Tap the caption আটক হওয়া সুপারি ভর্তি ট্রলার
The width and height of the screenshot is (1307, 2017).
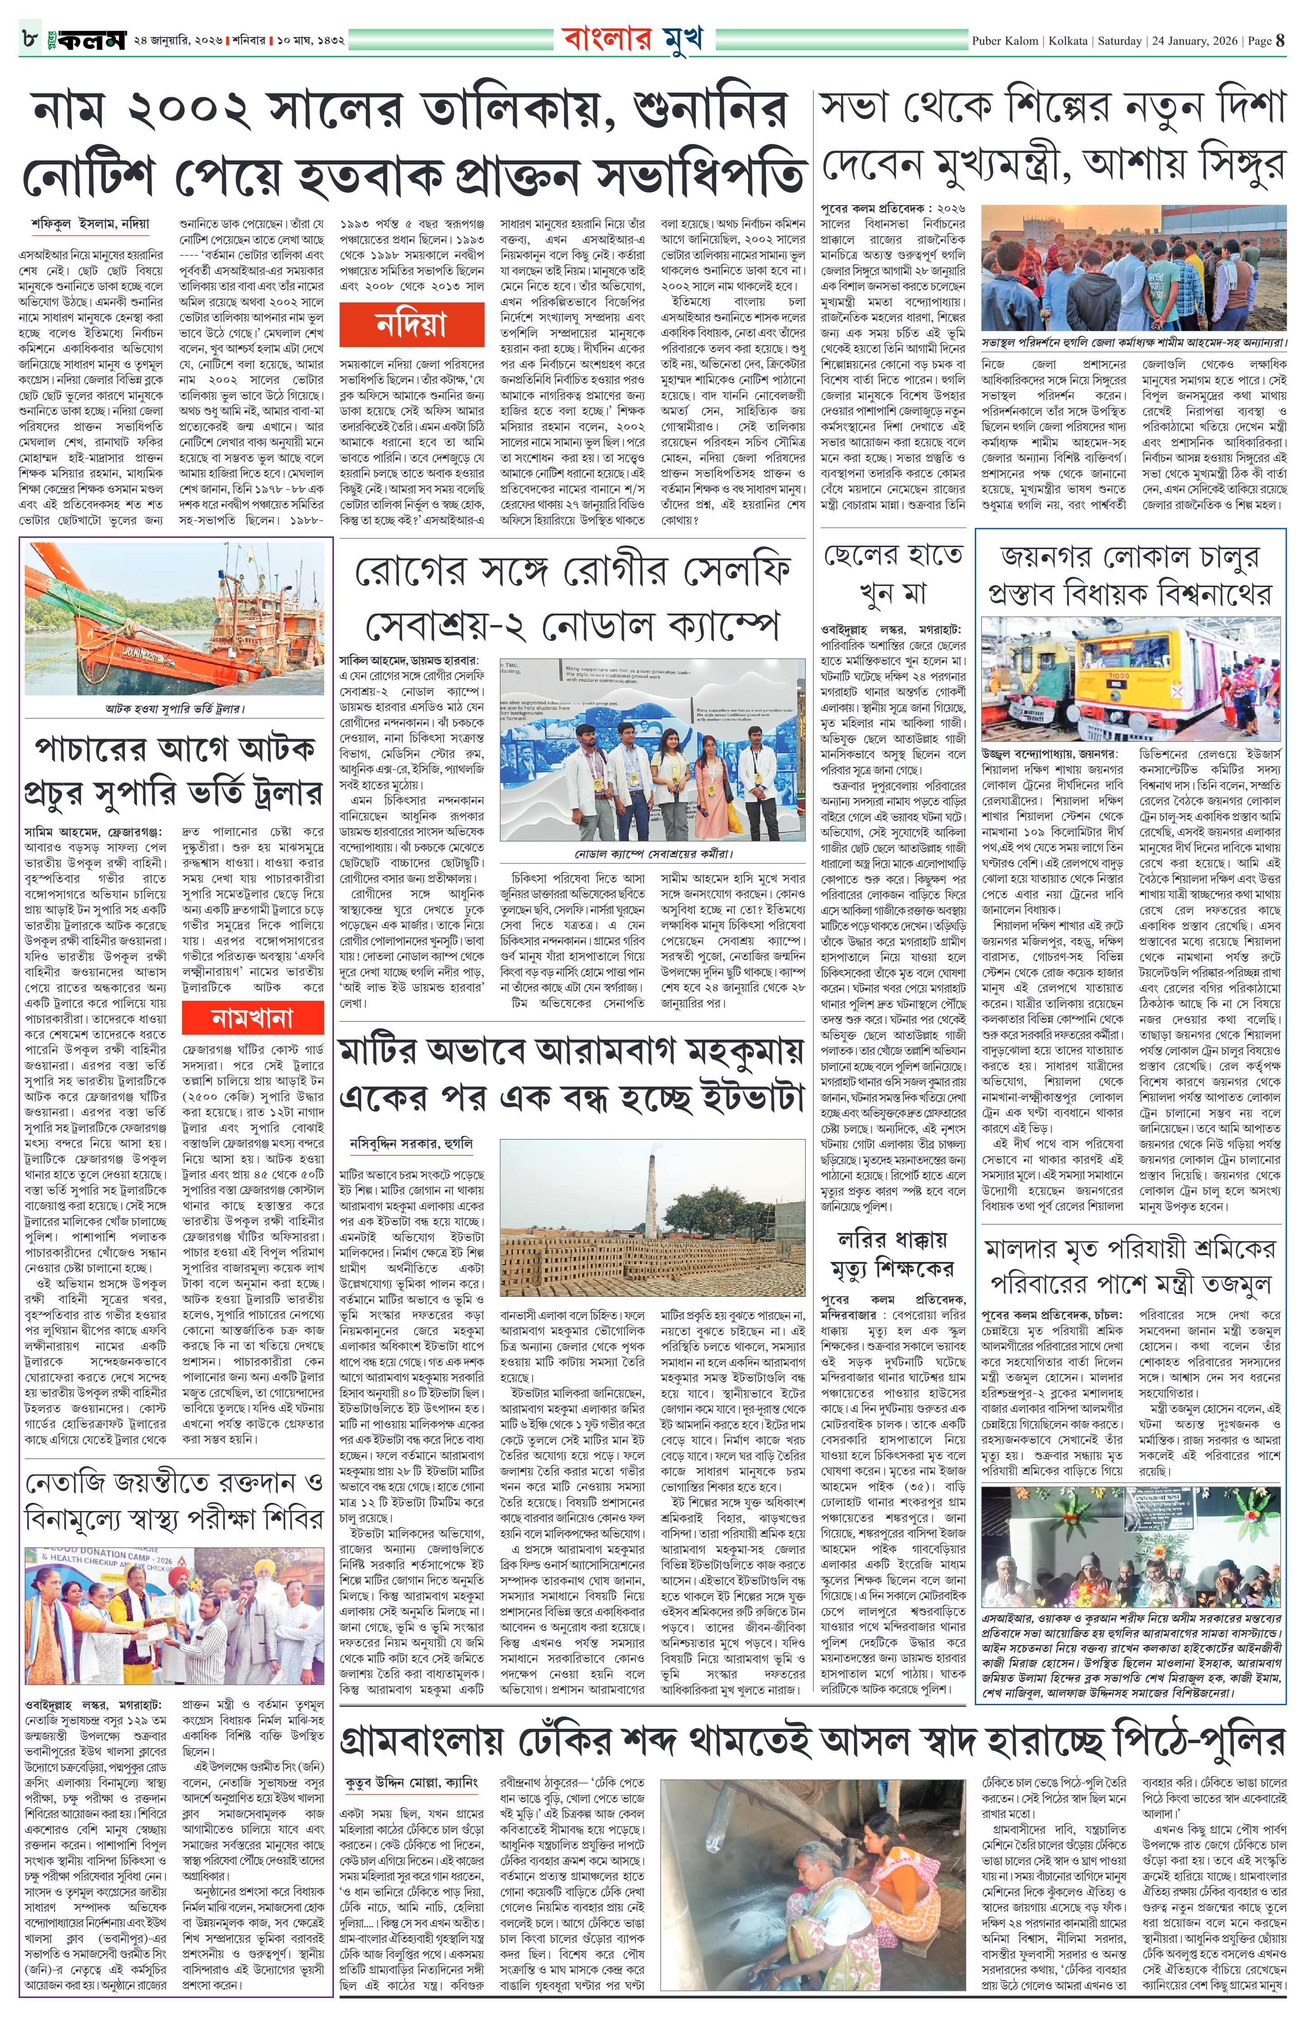point(174,708)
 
